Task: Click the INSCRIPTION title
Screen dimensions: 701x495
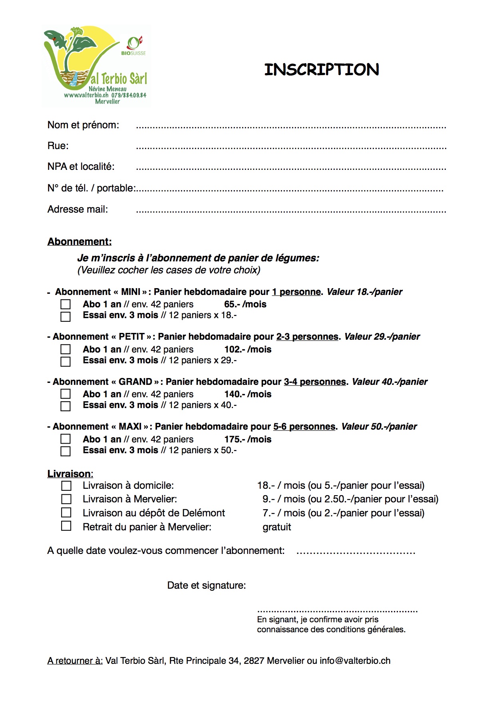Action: pos(322,70)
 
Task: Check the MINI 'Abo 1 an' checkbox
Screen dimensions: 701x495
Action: pos(66,305)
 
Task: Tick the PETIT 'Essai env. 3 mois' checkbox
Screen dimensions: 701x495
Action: pos(66,362)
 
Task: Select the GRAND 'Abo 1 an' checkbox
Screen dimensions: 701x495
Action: pos(66,394)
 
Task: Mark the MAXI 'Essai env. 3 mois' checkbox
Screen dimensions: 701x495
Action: pos(66,451)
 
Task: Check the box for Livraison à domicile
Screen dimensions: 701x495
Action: pos(66,486)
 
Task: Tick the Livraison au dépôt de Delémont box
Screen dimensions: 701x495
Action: pos(66,513)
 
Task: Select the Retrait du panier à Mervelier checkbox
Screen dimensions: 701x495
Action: pos(66,526)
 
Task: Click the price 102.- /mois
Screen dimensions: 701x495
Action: pos(248,349)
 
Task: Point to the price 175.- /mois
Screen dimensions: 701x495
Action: pos(248,439)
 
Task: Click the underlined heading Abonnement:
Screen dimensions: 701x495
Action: pos(80,241)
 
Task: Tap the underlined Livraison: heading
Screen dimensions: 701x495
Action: pos(70,474)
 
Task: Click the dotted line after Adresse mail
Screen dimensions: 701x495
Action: pos(291,211)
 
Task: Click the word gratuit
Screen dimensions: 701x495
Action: pos(277,527)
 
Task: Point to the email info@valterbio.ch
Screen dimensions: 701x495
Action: pos(355,661)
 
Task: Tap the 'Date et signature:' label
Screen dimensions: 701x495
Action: pos(207,585)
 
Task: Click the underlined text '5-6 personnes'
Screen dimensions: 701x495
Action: pos(304,426)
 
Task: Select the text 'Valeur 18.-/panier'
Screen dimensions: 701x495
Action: pos(364,292)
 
